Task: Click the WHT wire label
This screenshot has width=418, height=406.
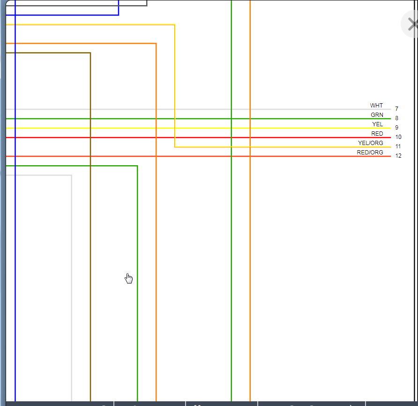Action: pyautogui.click(x=376, y=106)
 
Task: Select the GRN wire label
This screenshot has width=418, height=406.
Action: pyautogui.click(x=377, y=115)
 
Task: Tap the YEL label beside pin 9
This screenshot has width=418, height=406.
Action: pyautogui.click(x=377, y=124)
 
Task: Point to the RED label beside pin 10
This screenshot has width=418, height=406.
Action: pyautogui.click(x=377, y=134)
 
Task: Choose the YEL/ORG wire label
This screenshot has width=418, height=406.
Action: pyautogui.click(x=370, y=143)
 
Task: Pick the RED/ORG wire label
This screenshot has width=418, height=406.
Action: pyautogui.click(x=370, y=153)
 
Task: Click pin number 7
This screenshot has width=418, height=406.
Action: pyautogui.click(x=396, y=109)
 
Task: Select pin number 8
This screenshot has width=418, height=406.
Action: pyautogui.click(x=396, y=118)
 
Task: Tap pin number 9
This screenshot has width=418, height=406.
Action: pyautogui.click(x=396, y=128)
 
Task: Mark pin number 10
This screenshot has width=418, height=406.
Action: pyautogui.click(x=398, y=137)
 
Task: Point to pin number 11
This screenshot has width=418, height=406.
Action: pyautogui.click(x=398, y=146)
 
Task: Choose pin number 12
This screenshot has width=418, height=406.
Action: pyautogui.click(x=398, y=156)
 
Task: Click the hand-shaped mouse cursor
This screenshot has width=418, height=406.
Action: pyautogui.click(x=129, y=278)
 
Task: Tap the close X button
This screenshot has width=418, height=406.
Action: pyautogui.click(x=412, y=24)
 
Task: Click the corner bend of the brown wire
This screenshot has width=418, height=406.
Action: pyautogui.click(x=90, y=53)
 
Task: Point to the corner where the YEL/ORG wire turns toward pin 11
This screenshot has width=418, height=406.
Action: pyautogui.click(x=175, y=147)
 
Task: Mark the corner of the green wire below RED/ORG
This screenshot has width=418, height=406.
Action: pyautogui.click(x=137, y=166)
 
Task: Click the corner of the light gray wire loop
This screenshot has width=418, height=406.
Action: pyautogui.click(x=72, y=176)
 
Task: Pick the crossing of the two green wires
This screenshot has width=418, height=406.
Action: pyautogui.click(x=231, y=119)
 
